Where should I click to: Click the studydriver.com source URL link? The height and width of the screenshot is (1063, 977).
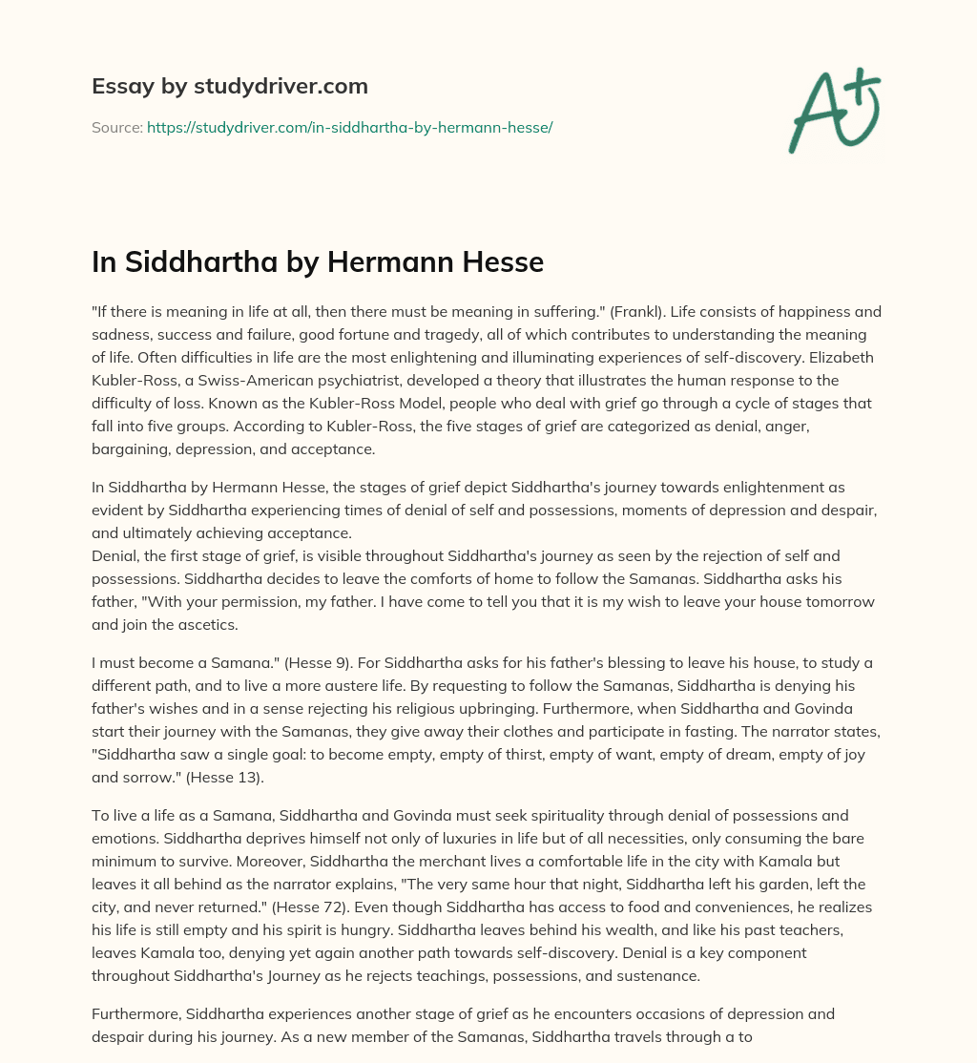[350, 127]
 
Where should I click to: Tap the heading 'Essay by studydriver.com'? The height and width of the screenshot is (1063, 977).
[229, 86]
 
